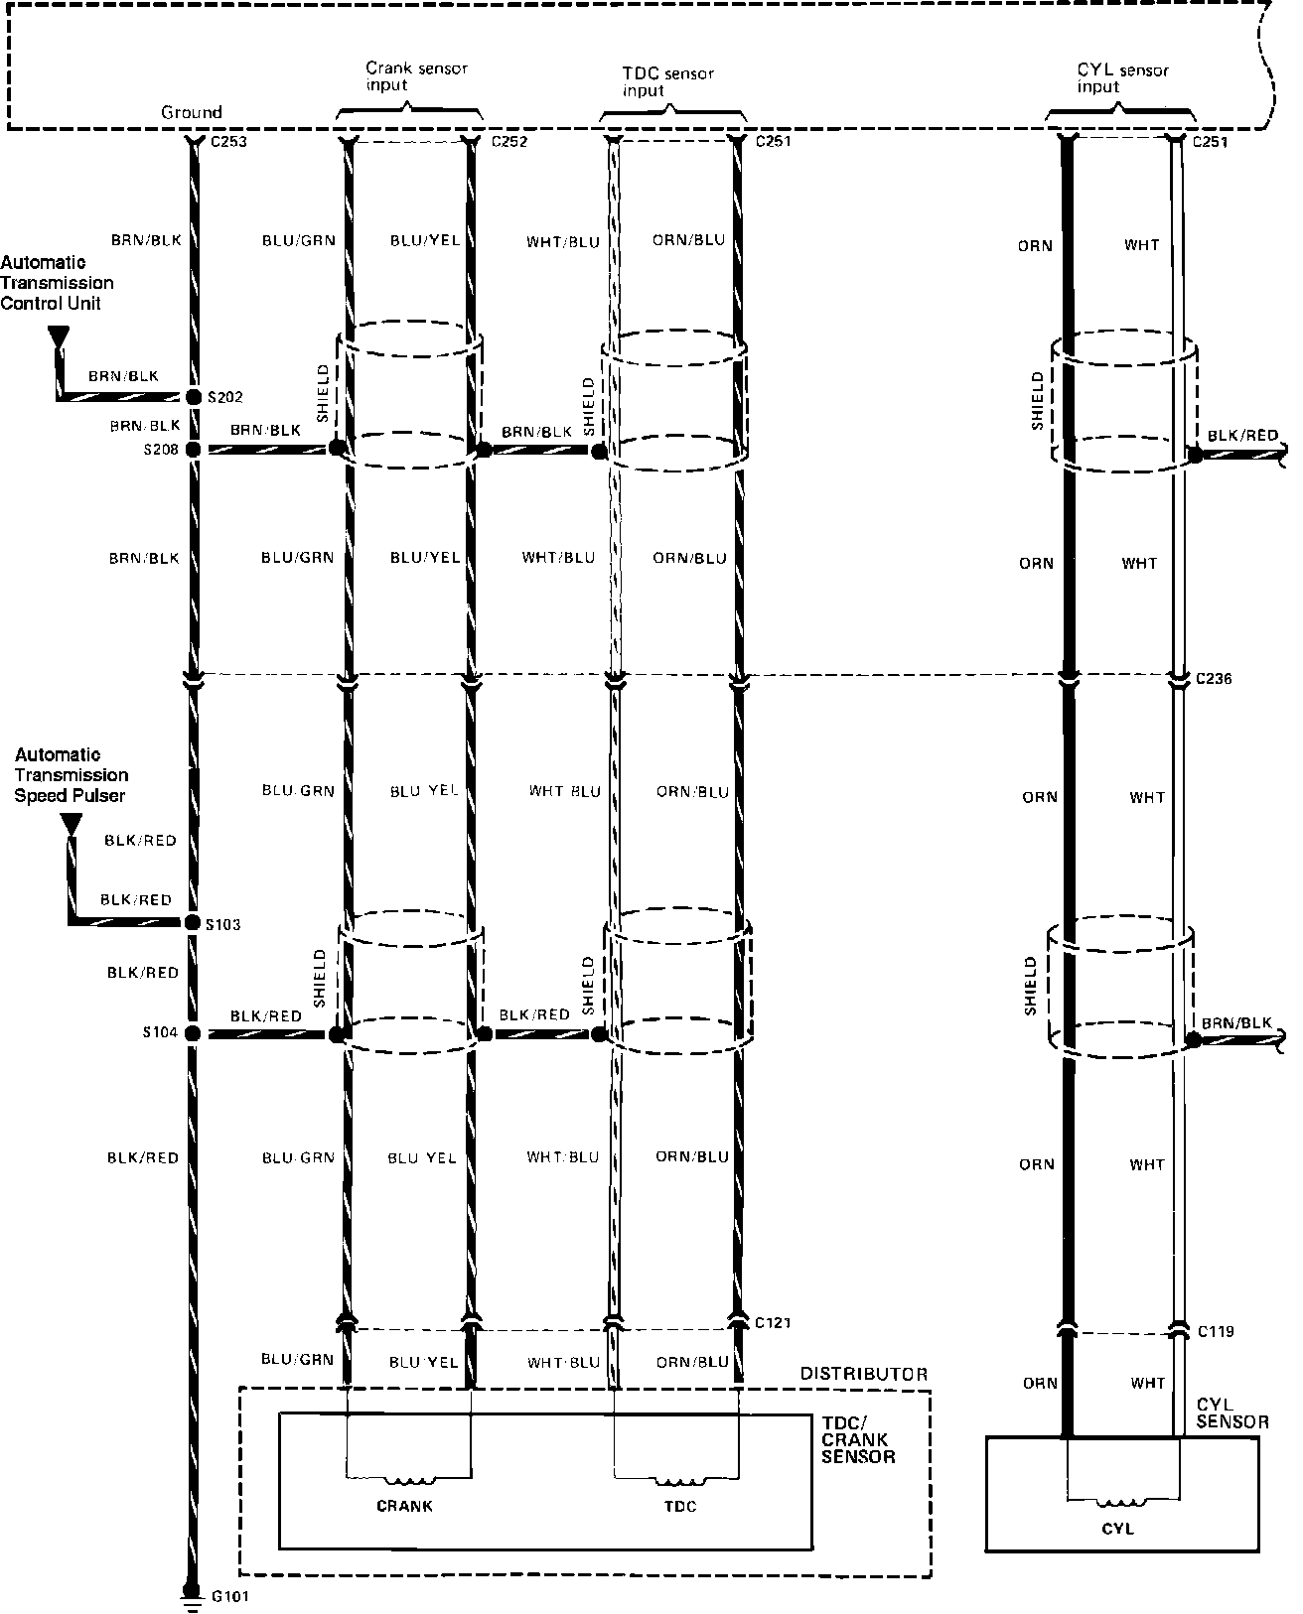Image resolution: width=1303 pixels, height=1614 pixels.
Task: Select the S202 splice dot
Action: [193, 397]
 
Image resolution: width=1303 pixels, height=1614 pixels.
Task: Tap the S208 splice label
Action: [160, 450]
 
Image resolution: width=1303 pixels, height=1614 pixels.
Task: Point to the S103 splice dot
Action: [193, 923]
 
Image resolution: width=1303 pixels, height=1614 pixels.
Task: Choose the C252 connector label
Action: [509, 141]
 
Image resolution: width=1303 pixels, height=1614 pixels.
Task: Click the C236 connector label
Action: [1214, 680]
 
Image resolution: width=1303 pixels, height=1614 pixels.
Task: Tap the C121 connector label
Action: [773, 1323]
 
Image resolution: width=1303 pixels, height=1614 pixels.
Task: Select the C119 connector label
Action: [1216, 1332]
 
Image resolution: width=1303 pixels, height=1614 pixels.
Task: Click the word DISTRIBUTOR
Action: [863, 1375]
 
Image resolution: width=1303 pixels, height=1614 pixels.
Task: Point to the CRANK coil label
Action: [404, 1506]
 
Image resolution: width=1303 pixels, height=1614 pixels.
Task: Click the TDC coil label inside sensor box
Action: [680, 1507]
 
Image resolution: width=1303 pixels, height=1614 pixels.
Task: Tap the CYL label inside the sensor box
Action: [1117, 1529]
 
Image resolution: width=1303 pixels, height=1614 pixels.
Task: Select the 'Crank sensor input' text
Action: [416, 76]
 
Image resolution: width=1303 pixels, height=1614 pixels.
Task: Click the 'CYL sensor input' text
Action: [1123, 78]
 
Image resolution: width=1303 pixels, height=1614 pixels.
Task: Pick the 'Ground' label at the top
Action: [192, 112]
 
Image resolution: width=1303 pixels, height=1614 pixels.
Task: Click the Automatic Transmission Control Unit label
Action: [57, 283]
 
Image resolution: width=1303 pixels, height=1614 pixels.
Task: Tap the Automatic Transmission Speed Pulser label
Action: [71, 775]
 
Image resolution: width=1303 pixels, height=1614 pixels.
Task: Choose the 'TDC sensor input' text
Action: [667, 81]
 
